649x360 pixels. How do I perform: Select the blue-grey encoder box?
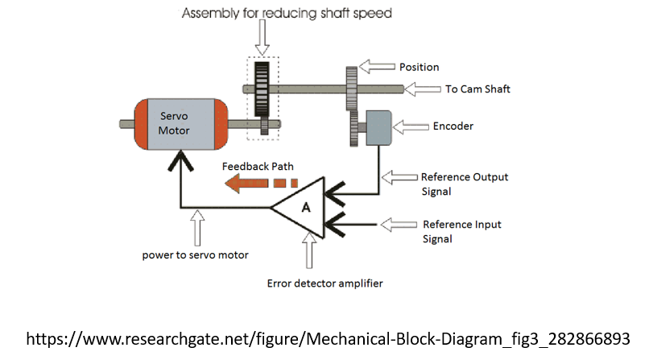[378, 127]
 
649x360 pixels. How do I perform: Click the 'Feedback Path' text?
[258, 167]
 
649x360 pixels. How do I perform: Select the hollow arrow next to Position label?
[375, 66]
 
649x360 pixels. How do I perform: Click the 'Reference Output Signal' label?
[465, 184]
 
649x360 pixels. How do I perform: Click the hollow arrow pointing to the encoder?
[414, 126]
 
